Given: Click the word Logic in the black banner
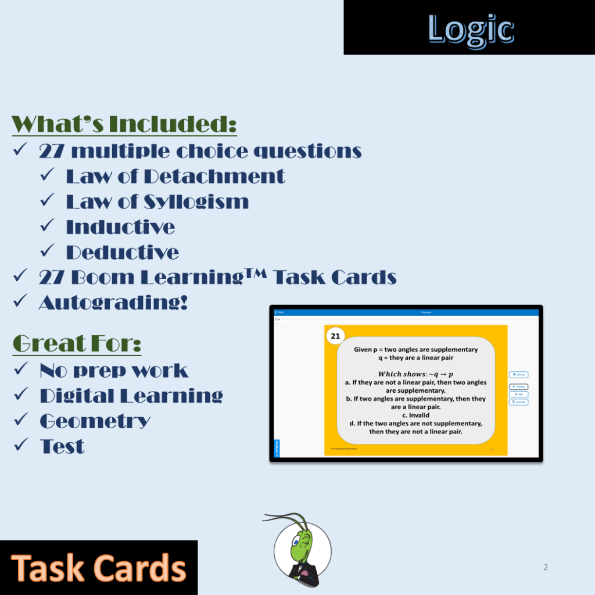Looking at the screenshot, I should coord(471,29).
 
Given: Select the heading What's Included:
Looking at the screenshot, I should coord(124,124).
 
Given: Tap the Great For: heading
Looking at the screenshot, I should coord(77,344).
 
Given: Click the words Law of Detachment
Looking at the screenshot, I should coord(175,176).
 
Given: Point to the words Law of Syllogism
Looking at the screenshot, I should coord(157,202).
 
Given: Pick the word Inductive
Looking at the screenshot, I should coord(120,227).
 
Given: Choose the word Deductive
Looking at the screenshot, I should coord(123,252).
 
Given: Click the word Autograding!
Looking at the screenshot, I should coord(113,302).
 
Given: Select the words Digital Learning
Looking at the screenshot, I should coord(131,396).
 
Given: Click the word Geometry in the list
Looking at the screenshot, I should coord(95,421).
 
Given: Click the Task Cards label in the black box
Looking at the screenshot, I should coord(99,568).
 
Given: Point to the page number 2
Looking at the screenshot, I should coord(545,567).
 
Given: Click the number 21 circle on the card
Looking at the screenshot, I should coord(335,336).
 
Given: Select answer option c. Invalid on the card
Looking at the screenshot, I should coord(415,415).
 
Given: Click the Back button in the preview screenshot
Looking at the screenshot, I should coord(279,313).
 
